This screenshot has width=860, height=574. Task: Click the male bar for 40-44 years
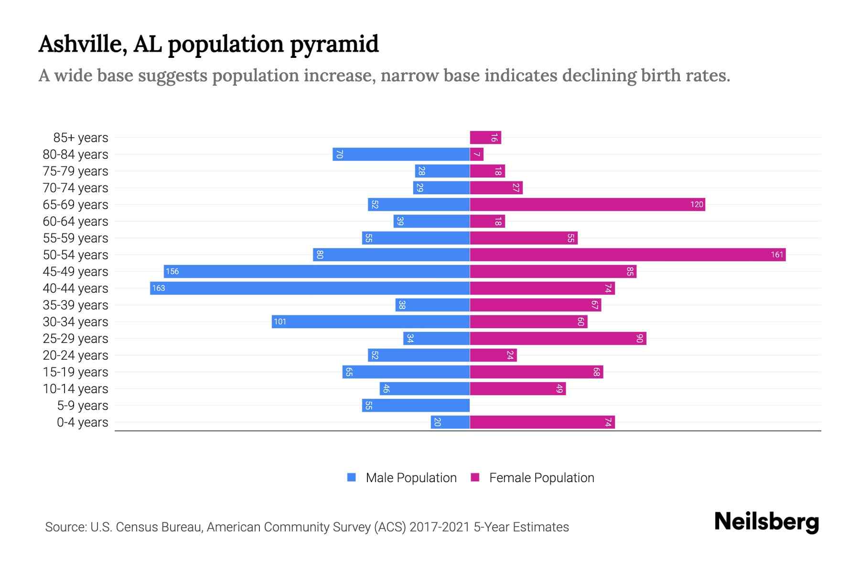pos(310,288)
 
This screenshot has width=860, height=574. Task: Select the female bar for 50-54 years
pos(627,254)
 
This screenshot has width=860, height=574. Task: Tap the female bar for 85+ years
pos(485,138)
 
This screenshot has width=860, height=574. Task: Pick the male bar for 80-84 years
pos(401,155)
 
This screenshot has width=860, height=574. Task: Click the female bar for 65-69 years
pos(587,205)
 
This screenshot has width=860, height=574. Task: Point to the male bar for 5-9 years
pos(416,406)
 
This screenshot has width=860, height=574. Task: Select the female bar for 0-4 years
pos(542,422)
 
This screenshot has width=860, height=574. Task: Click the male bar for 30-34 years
pos(370,322)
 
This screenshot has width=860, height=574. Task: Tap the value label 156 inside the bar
pos(172,272)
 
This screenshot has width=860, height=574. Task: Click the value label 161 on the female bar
pos(777,254)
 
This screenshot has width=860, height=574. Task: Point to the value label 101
pos(280,322)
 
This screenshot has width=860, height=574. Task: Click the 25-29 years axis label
pos(75,339)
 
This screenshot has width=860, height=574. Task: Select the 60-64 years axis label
pos(75,221)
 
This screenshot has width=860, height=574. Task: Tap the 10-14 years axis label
pos(75,389)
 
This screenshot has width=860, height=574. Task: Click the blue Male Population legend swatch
pos(352,477)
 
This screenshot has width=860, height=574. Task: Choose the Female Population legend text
pos(541,478)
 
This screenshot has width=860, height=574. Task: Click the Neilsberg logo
pos(766,522)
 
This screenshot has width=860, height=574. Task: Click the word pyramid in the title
pos(334,44)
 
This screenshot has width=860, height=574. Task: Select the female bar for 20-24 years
pos(493,355)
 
